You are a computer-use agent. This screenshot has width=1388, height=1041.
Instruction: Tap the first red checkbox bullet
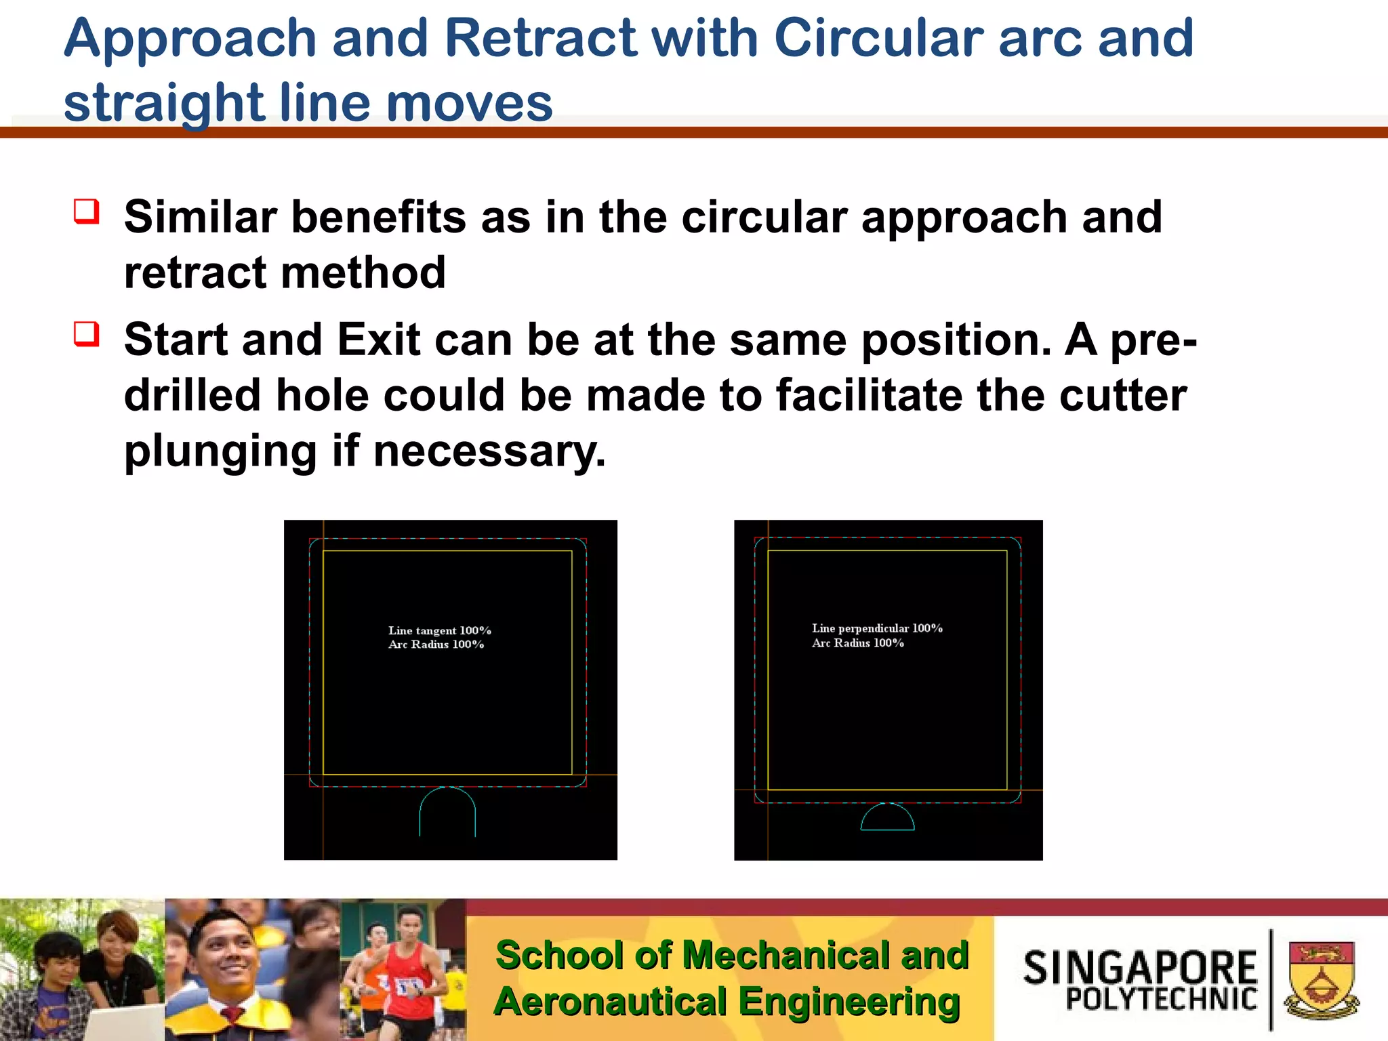(87, 211)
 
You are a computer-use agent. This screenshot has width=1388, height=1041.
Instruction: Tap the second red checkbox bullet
(87, 334)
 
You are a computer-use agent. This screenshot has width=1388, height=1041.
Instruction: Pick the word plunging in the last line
(220, 452)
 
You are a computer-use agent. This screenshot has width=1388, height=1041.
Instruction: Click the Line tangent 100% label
(440, 630)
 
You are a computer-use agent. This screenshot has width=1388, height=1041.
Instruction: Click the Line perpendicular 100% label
(877, 628)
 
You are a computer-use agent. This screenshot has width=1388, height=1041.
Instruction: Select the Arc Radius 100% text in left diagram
(436, 645)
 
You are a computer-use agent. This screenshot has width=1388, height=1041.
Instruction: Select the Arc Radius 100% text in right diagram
(858, 643)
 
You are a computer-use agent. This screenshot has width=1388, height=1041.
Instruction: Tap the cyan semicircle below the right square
(887, 817)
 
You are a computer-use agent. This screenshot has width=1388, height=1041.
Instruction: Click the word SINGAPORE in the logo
(1140, 967)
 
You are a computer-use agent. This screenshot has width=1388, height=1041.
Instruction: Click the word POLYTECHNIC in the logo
(1161, 999)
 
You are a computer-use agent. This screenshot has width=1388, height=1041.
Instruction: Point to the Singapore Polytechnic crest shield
(1321, 979)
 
